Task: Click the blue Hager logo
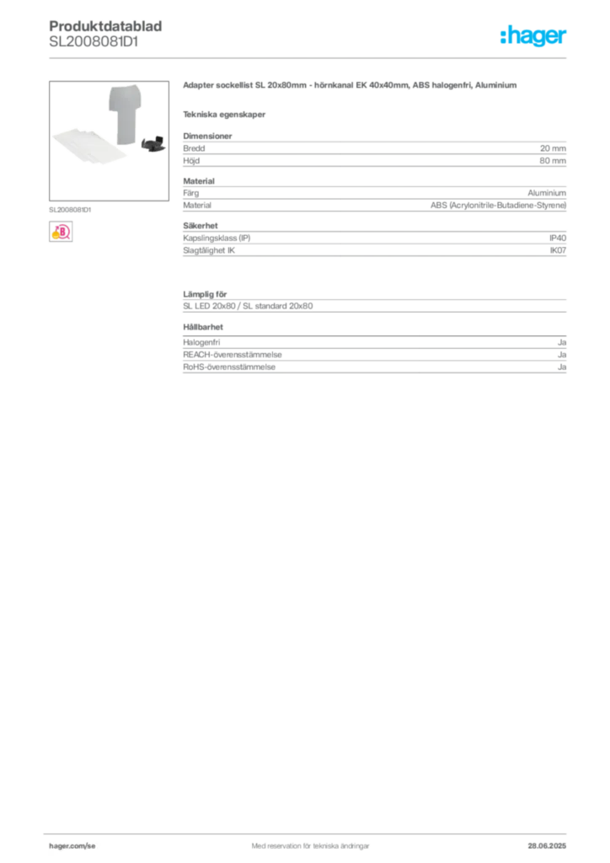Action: pos(534,38)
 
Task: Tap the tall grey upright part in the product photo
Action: pos(126,118)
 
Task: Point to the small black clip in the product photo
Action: pos(152,145)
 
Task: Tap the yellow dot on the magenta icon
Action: pos(55,236)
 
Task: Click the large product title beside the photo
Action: pos(345,88)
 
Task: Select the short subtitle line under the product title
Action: pos(226,115)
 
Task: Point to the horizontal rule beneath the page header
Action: pos(309,57)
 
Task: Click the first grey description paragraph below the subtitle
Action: pos(373,151)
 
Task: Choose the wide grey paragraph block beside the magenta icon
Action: pos(373,245)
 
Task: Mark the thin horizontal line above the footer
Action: pos(309,830)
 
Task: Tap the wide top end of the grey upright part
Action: pos(125,92)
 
